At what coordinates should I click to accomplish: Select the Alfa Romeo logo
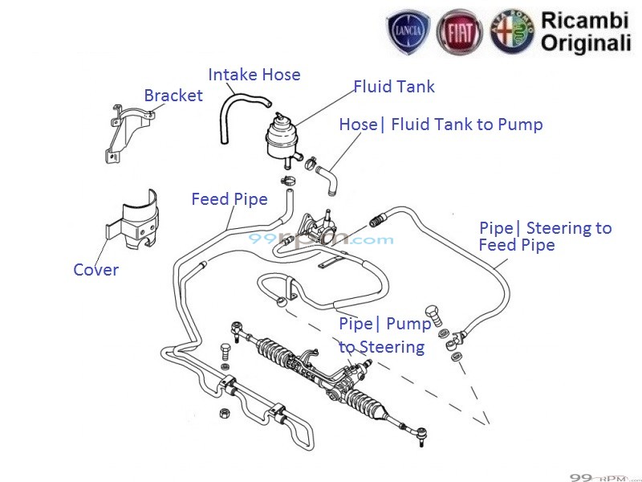pos(511,33)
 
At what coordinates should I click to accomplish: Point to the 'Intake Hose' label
pos(254,75)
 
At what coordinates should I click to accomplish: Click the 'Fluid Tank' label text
pos(394,86)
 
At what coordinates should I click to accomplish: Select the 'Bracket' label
pos(173,96)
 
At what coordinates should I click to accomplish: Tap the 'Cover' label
pos(95,270)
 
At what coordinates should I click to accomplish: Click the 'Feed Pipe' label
pos(229,199)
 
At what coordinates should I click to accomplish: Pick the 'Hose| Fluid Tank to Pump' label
pos(441,125)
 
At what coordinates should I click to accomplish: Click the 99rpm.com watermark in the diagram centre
pos(320,239)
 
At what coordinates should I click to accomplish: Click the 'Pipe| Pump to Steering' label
pos(384,336)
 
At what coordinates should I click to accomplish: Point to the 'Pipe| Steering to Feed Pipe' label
pos(544,236)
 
